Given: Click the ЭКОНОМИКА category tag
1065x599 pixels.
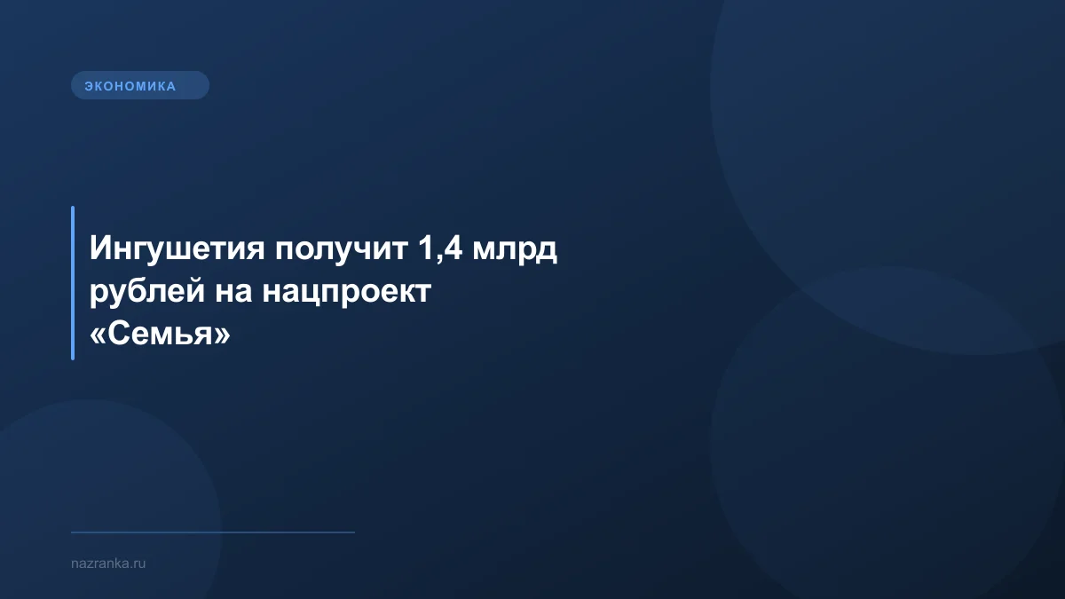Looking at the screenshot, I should [x=139, y=86].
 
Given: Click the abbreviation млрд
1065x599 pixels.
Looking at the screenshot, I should [x=515, y=250].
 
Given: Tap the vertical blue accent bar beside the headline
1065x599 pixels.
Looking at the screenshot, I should [x=73, y=283].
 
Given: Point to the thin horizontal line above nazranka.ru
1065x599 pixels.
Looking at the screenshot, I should [x=213, y=532].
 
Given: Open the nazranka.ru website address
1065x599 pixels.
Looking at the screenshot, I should [x=107, y=564].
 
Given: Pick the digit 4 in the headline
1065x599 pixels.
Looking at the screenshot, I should [x=451, y=249].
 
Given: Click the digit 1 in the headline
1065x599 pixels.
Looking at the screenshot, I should [x=422, y=249].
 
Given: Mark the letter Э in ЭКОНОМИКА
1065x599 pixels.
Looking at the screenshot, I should [x=89, y=86].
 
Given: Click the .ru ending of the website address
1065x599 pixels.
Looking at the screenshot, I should [x=138, y=564].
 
